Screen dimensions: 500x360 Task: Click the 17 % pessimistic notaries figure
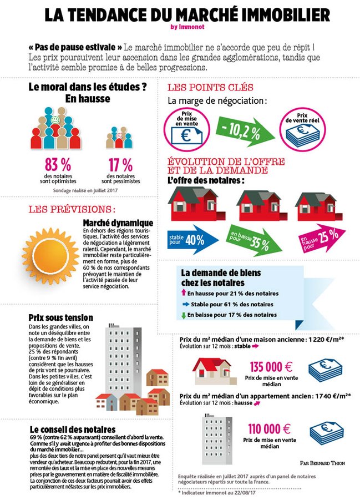click(120, 164)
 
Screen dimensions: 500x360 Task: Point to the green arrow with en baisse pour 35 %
click(256, 240)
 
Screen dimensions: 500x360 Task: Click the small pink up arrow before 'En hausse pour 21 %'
click(184, 292)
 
